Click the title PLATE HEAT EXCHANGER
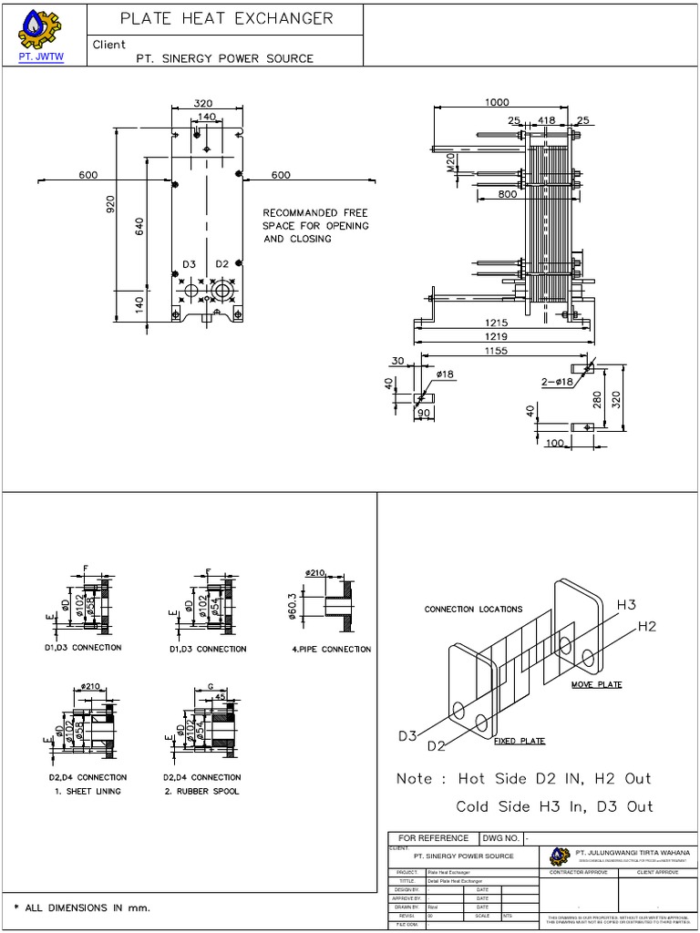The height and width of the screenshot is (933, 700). (x=227, y=18)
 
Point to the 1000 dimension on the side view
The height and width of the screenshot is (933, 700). (x=497, y=103)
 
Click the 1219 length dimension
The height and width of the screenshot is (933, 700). (x=497, y=336)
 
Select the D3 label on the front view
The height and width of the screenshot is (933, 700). (x=189, y=264)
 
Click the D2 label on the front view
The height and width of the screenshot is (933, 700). (x=222, y=264)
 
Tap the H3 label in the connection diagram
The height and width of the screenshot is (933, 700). (x=627, y=605)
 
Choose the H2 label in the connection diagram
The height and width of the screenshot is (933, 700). (x=646, y=626)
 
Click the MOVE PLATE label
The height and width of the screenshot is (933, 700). (x=597, y=683)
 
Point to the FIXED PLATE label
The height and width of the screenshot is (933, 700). (x=520, y=741)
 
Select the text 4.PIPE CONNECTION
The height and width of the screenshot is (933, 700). (x=331, y=649)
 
